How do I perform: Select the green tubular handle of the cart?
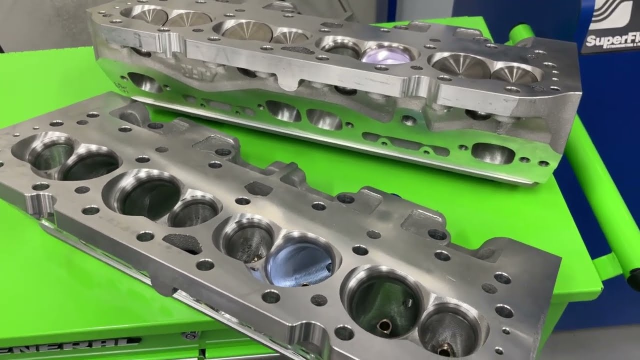pos(600,165)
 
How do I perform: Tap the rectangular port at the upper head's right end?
pos(492,153)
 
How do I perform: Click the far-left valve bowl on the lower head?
pos(50,152)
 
